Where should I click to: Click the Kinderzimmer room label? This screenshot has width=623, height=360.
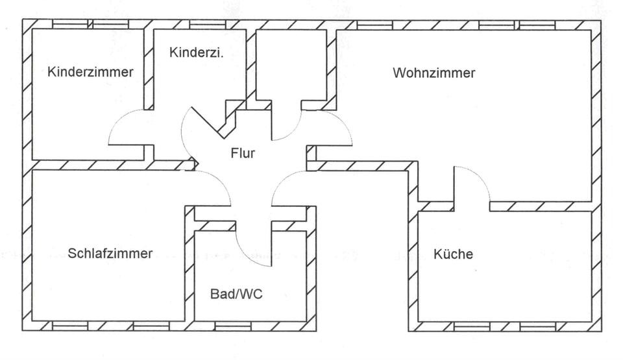(x=90, y=72)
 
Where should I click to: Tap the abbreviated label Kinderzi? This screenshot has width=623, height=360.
(x=196, y=53)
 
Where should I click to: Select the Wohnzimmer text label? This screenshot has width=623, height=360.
(x=434, y=73)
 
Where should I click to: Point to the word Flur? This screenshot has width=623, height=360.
(x=243, y=154)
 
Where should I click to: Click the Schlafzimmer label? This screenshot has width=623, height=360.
(x=110, y=253)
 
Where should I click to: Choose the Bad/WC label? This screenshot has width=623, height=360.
(x=236, y=294)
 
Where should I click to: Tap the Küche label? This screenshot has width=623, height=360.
(x=453, y=254)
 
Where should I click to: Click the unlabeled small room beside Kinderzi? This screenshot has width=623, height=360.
(x=290, y=64)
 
